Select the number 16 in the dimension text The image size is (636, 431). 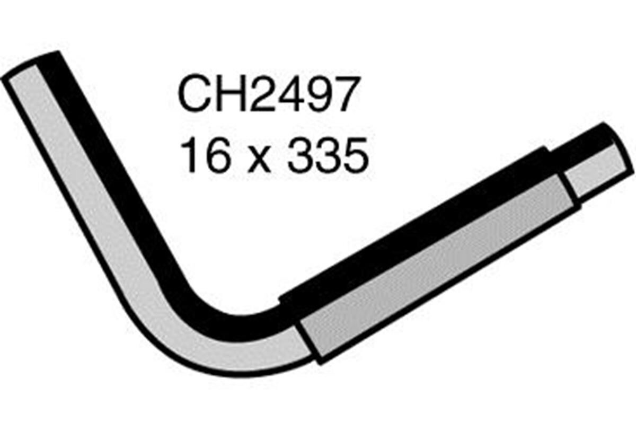point(203,155)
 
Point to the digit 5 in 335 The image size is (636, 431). point(355,155)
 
